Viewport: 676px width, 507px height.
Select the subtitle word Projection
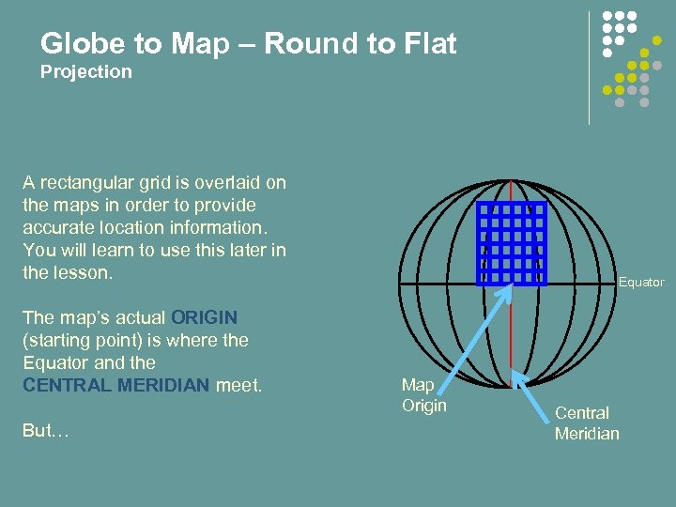[86, 72]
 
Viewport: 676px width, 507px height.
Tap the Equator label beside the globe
[640, 283]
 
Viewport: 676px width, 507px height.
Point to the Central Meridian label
[587, 422]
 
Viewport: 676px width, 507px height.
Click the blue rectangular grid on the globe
[512, 242]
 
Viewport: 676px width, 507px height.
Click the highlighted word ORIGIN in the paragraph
[204, 318]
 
